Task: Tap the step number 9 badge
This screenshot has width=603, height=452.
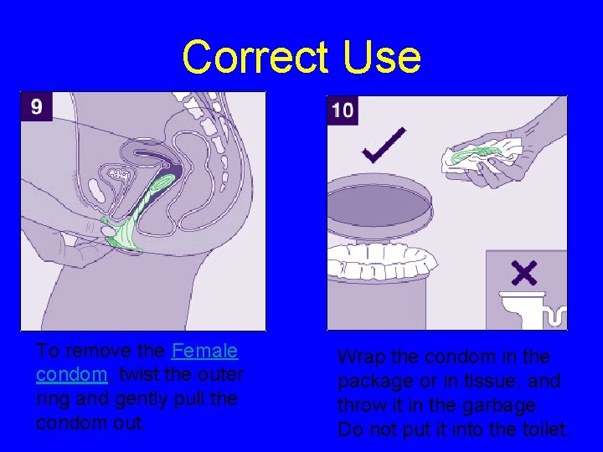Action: pyautogui.click(x=36, y=106)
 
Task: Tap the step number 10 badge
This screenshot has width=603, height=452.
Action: pyautogui.click(x=342, y=110)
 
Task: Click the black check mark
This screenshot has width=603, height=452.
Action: pyautogui.click(x=384, y=146)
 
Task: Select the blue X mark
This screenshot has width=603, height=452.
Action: pyautogui.click(x=525, y=272)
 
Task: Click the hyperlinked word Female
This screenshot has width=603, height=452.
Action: pyautogui.click(x=204, y=351)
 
